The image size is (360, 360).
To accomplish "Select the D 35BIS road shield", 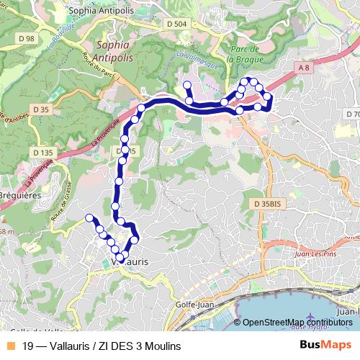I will click(x=271, y=204).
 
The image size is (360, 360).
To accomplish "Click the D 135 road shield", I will click(x=43, y=152).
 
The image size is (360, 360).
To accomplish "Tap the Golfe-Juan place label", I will click(x=193, y=304).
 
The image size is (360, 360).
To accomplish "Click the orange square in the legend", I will click(x=9, y=346).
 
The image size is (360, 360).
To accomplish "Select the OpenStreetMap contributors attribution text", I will click(x=297, y=323).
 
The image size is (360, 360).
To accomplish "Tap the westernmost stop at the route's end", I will click(x=89, y=217).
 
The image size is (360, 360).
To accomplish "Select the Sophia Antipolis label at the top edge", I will click(x=96, y=12).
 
